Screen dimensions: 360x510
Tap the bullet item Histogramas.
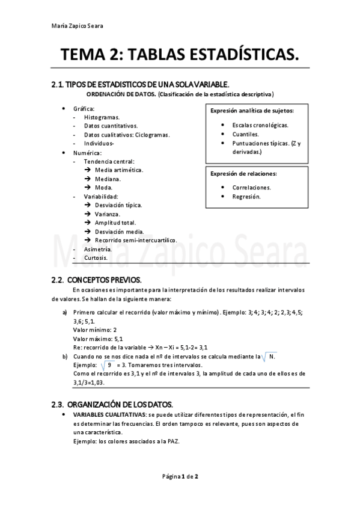[x=102, y=117]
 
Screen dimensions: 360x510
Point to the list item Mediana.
[x=108, y=179]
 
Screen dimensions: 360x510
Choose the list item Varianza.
[x=108, y=214]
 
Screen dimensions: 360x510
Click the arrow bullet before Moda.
[x=88, y=188]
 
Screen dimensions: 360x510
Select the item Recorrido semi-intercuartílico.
[x=132, y=240]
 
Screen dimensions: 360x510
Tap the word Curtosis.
[x=96, y=257]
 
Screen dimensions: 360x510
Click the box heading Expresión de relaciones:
[x=243, y=174]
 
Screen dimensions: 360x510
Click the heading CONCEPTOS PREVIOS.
[x=105, y=280]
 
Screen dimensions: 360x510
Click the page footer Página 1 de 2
[x=180, y=476]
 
